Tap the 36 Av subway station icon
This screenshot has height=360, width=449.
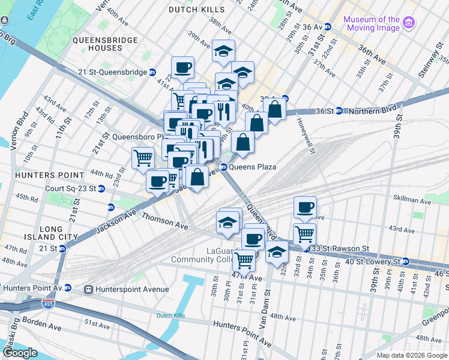pyautogui.click(x=328, y=27)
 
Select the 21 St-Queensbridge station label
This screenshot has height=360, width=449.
pyautogui.click(x=112, y=72)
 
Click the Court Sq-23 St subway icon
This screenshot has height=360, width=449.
pyautogui.click(x=101, y=188)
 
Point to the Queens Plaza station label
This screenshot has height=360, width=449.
pyautogui.click(x=252, y=167)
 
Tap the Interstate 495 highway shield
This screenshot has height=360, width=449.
pyautogui.click(x=47, y=305)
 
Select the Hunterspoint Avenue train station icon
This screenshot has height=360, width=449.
pyautogui.click(x=89, y=289)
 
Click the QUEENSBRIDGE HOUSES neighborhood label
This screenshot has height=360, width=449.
pyautogui.click(x=105, y=44)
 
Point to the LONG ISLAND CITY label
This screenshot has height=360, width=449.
pyautogui.click(x=59, y=233)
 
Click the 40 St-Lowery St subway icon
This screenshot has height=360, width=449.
pyautogui.click(x=406, y=262)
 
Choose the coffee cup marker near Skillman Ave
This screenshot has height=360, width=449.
pyautogui.click(x=305, y=208)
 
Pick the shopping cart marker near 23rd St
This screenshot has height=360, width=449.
pyautogui.click(x=143, y=158)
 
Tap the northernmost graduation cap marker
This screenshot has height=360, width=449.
pyautogui.click(x=223, y=52)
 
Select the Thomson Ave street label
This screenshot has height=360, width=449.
pyautogui.click(x=165, y=224)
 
